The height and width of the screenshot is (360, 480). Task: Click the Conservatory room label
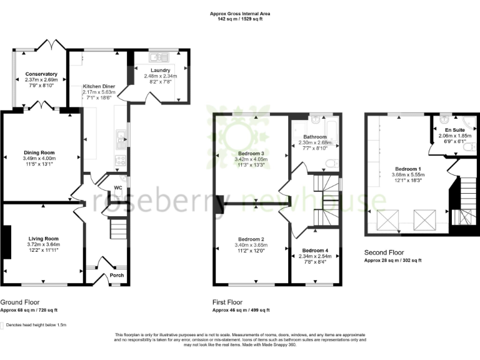coord(41,74)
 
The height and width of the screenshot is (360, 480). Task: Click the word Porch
coord(117,275)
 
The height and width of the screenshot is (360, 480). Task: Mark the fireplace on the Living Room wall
coord(6,241)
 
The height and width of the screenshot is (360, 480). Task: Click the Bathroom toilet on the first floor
coord(332,164)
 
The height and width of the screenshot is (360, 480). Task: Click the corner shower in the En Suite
coord(470,122)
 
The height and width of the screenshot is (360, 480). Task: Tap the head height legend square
coord(2,325)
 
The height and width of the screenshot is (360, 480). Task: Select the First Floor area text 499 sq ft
coord(258,310)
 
